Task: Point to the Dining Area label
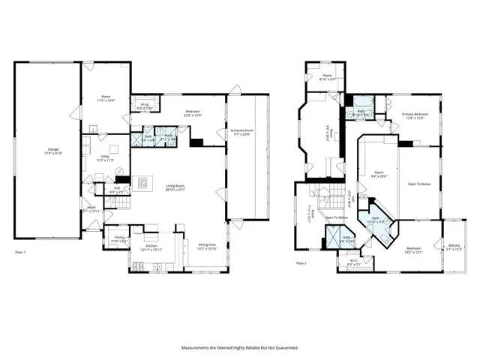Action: click(x=207, y=245)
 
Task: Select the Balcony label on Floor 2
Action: click(x=454, y=247)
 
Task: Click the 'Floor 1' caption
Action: click(x=20, y=252)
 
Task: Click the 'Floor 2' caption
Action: click(x=301, y=263)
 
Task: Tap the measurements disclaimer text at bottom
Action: click(x=239, y=348)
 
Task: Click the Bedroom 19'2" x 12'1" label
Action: click(x=414, y=250)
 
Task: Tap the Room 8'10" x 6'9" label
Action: click(x=328, y=77)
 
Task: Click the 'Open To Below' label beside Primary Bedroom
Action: click(x=419, y=184)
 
